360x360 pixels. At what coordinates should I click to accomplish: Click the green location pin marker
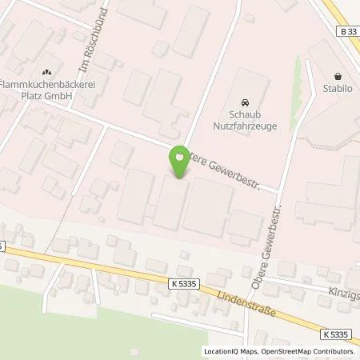tap(179, 164)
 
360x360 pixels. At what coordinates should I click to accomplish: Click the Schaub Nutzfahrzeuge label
tap(245, 120)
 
